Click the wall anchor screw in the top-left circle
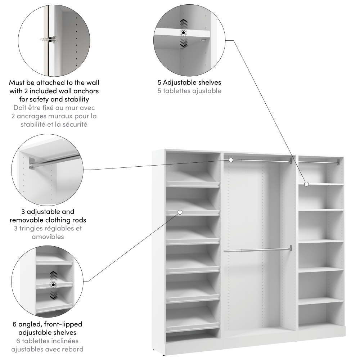(x=48, y=40)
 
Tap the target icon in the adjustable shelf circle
(x=183, y=33)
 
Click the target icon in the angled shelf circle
(x=53, y=285)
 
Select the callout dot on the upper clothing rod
(x=231, y=160)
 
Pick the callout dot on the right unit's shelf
(x=306, y=184)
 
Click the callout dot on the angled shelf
(x=180, y=212)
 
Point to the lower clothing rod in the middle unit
(x=258, y=250)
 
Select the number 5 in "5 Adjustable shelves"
(x=159, y=82)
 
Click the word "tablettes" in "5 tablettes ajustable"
(x=176, y=91)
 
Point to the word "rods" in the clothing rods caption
(x=79, y=220)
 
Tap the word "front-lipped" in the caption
(x=63, y=324)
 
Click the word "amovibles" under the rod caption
(x=48, y=237)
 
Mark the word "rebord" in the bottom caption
(x=73, y=349)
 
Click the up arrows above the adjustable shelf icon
(x=184, y=23)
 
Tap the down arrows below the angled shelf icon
(x=54, y=295)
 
